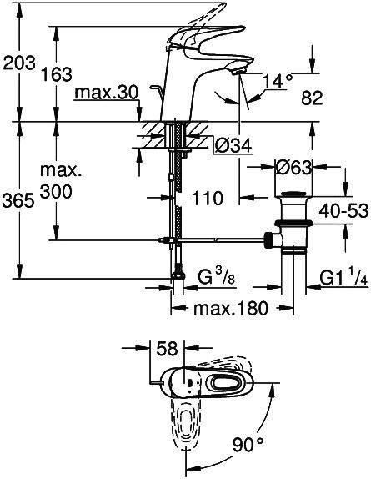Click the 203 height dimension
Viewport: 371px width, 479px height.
point(18,62)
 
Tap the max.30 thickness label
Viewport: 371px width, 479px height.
point(104,89)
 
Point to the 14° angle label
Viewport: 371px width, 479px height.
point(276,81)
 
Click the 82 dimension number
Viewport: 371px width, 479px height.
point(334,98)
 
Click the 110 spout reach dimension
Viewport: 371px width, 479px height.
point(206,199)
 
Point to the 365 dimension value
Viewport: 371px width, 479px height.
point(18,200)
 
